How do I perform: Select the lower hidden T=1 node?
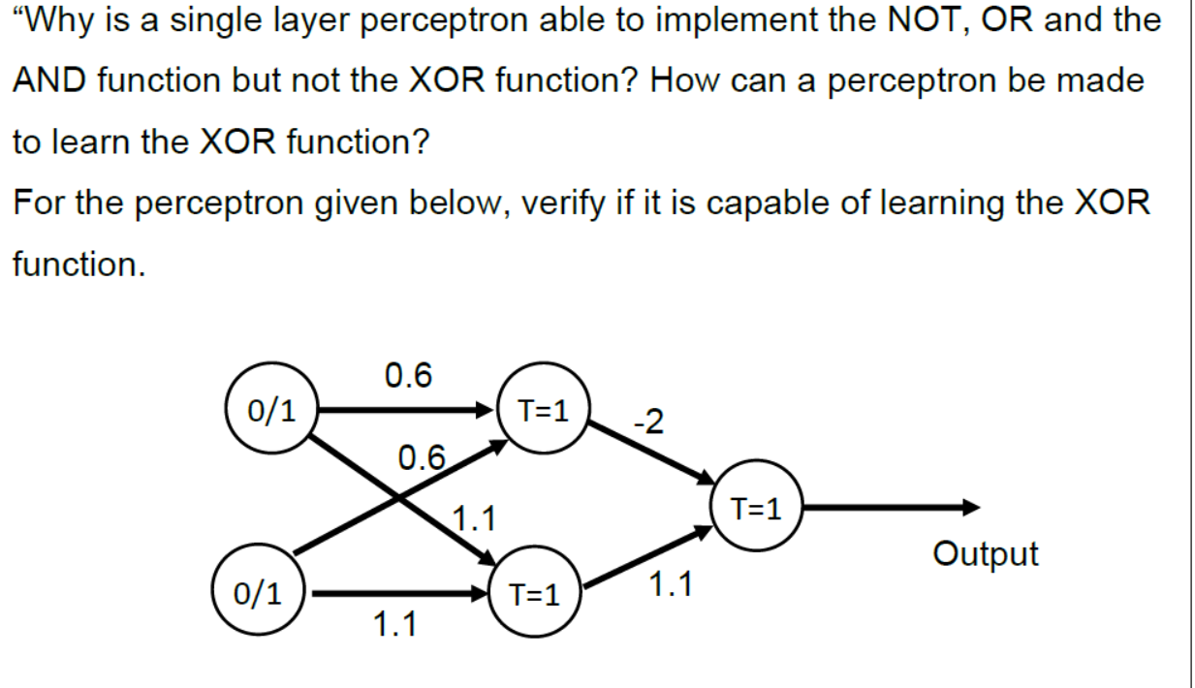(534, 594)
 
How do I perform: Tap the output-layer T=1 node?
(756, 507)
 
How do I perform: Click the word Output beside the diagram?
(985, 554)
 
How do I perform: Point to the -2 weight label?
(646, 422)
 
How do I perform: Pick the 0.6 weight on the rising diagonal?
(423, 456)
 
